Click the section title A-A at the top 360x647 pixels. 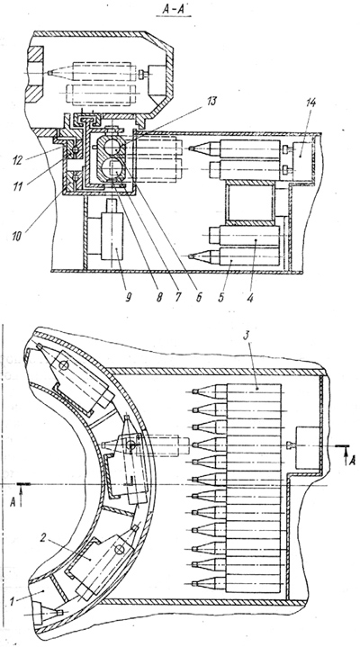174,10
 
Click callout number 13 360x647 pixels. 211,102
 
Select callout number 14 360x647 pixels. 310,103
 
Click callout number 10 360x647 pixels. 18,238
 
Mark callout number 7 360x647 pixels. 178,296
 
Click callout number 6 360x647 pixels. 200,297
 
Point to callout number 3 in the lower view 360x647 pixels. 247,336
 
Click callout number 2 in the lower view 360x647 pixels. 44,537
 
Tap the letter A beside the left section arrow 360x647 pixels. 13,501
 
